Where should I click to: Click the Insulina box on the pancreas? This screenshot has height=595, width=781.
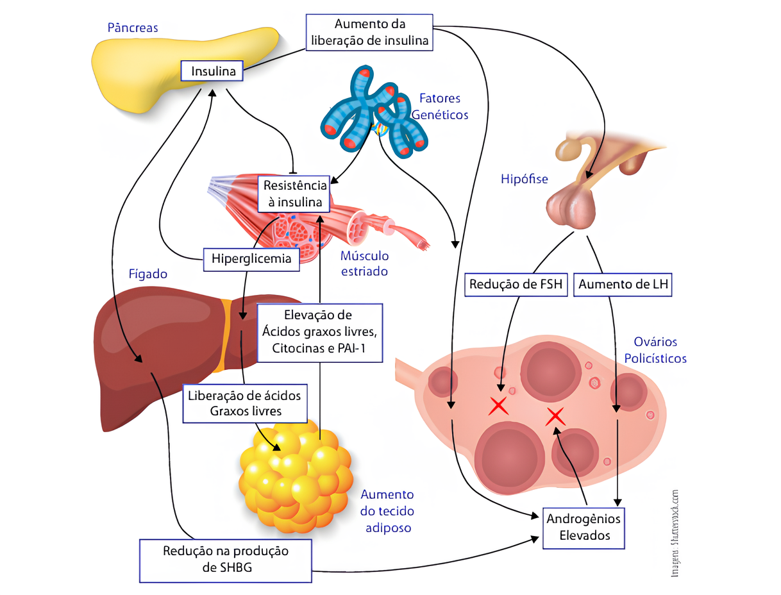213,71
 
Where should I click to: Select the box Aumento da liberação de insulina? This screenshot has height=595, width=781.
370,33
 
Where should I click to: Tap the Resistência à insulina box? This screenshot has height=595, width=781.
294,194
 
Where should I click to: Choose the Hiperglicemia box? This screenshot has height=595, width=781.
251,259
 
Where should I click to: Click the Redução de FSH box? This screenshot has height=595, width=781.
517,285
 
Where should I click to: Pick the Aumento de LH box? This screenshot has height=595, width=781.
623,285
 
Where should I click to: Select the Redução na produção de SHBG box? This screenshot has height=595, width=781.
226,560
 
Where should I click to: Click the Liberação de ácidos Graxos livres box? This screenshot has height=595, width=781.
244,403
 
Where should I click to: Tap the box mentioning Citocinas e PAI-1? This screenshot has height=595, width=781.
319,331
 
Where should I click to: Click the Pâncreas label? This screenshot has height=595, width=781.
132,28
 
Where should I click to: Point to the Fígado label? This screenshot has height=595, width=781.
148,274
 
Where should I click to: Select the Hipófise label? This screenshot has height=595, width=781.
524,180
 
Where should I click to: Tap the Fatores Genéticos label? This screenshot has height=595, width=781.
439,106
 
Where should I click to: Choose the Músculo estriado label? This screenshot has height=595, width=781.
364,264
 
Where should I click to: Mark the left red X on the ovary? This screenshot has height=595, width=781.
499,406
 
